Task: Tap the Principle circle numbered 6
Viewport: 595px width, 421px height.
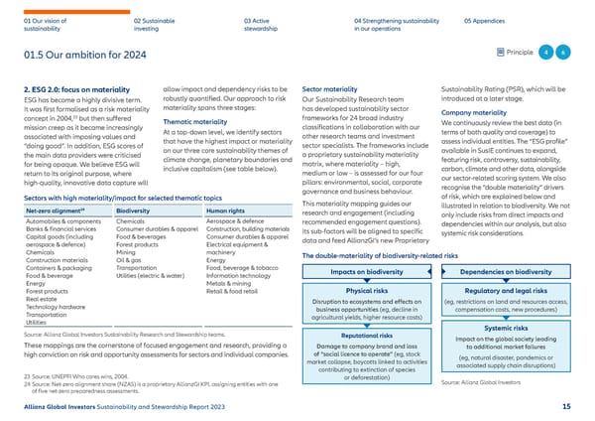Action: coord(562,53)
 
